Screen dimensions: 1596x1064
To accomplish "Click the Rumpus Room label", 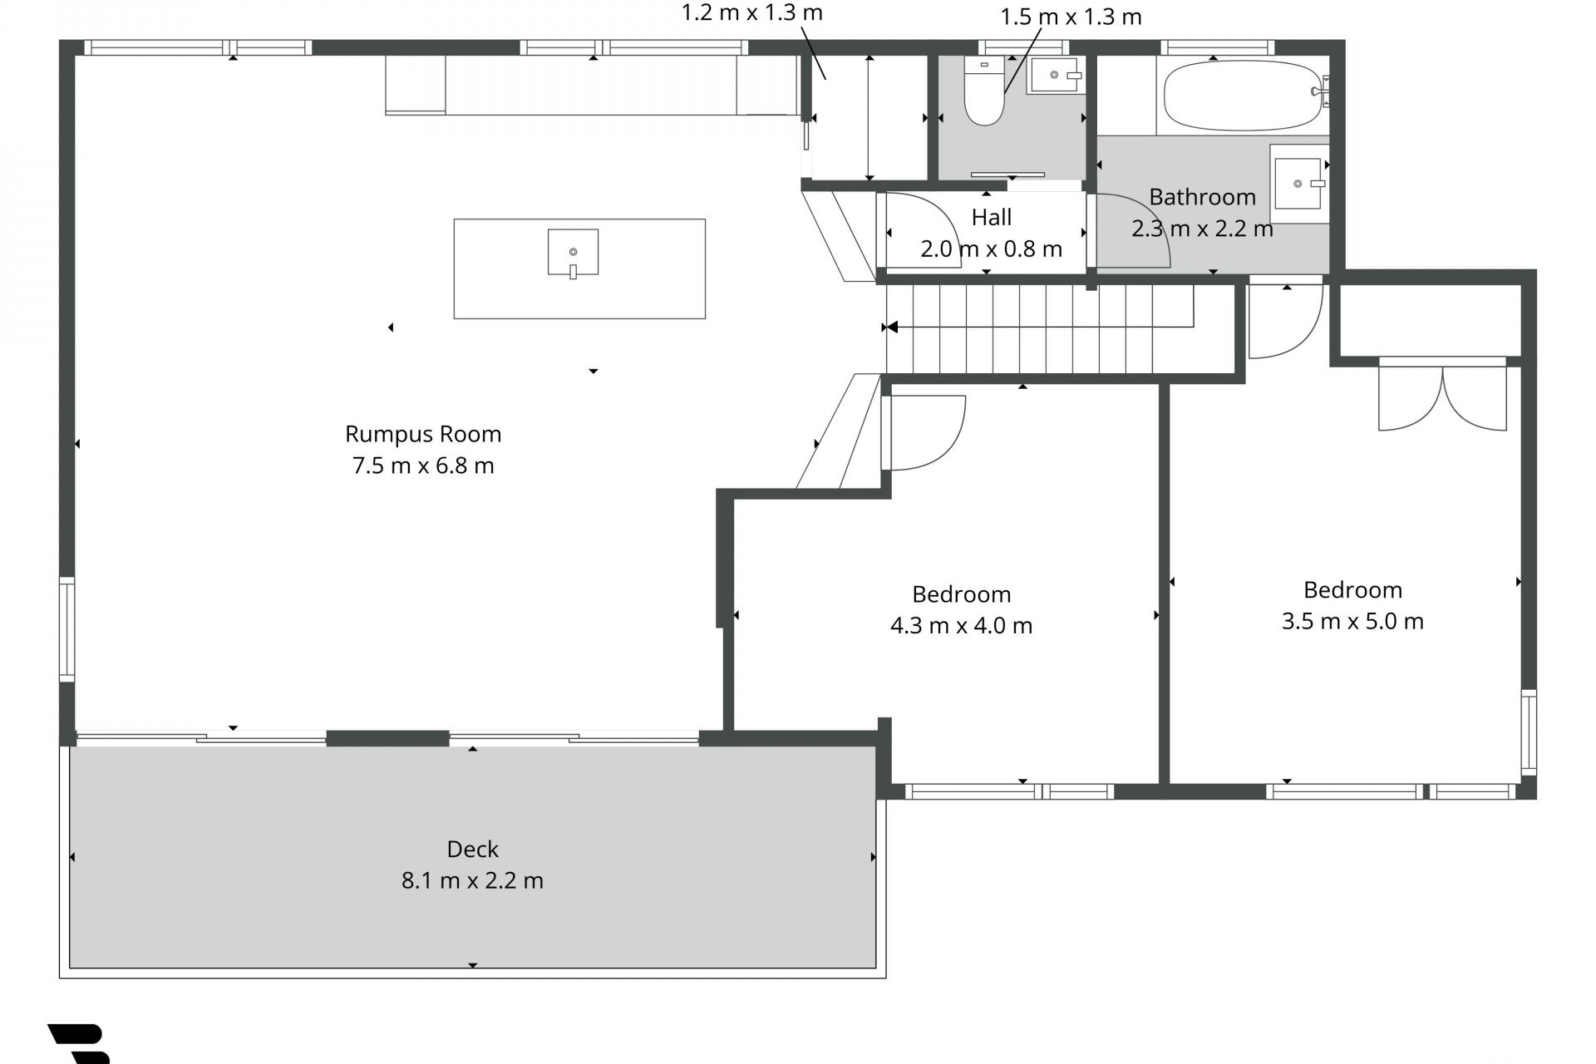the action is coord(423,434).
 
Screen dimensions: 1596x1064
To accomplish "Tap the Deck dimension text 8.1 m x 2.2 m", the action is coord(472,880).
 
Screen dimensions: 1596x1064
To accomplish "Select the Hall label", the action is coord(992,218).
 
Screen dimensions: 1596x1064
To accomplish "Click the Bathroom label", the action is coord(1202,197).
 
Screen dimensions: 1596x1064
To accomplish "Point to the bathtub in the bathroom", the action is coord(1244,95).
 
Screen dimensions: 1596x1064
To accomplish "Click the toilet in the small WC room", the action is coord(984,91).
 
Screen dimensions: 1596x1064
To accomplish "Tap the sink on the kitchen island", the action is coord(573,253).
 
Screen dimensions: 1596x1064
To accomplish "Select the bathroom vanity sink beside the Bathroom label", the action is coord(1298,183).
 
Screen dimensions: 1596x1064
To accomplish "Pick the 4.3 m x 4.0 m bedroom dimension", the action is coord(961,625).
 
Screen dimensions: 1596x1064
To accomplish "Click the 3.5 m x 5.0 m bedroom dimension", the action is coord(1352,621).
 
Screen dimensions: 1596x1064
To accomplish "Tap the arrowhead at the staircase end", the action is coord(891,328).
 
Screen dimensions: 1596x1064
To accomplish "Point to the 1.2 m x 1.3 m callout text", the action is coord(751,12).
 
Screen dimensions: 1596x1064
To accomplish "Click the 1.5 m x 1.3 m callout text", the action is coord(1071,17).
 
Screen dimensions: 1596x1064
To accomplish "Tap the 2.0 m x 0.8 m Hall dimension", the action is coord(991,249).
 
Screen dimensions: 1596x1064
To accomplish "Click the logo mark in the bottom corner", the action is coord(79,1044).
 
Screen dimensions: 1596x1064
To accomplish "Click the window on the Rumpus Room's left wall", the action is coord(66,630).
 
